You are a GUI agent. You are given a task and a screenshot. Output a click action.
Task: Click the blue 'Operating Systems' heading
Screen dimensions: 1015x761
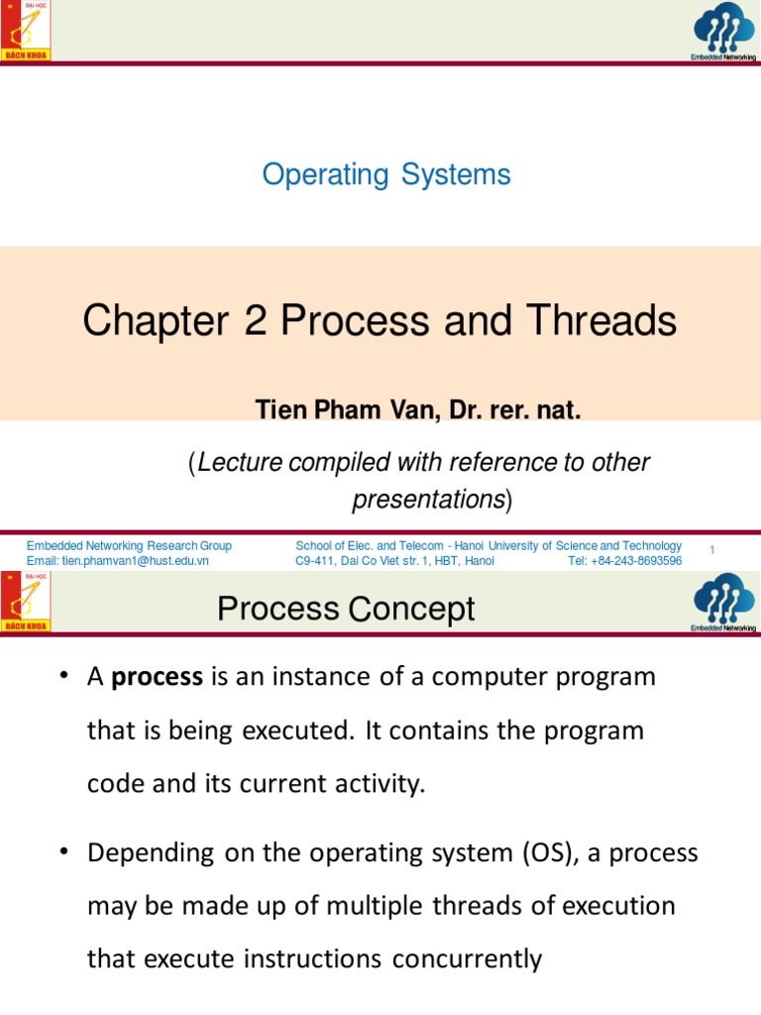[x=386, y=174]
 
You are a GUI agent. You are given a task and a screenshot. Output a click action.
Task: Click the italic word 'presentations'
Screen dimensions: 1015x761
[x=429, y=500]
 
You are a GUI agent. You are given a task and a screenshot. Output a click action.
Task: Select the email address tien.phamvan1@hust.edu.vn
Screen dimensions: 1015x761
[x=118, y=560]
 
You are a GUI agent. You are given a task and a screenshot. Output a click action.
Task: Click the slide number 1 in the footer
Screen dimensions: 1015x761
[x=712, y=549]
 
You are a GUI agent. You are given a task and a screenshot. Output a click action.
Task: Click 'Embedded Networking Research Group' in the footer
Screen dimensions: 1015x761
[x=129, y=546]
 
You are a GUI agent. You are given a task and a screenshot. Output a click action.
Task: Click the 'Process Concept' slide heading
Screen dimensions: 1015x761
[x=346, y=609]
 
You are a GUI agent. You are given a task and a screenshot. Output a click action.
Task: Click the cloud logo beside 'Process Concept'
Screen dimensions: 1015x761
[x=723, y=600]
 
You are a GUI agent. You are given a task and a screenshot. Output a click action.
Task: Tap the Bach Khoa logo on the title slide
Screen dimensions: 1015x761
[x=26, y=31]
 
